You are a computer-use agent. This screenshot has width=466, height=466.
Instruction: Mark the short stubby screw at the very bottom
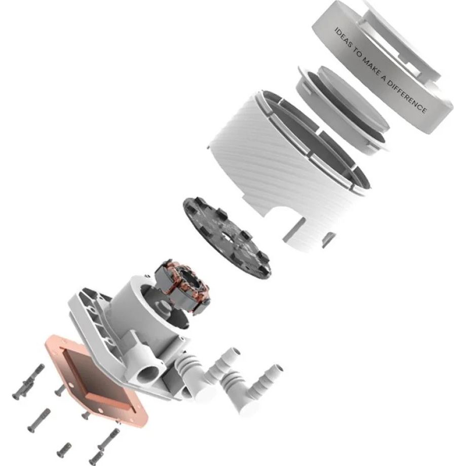(64, 449)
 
